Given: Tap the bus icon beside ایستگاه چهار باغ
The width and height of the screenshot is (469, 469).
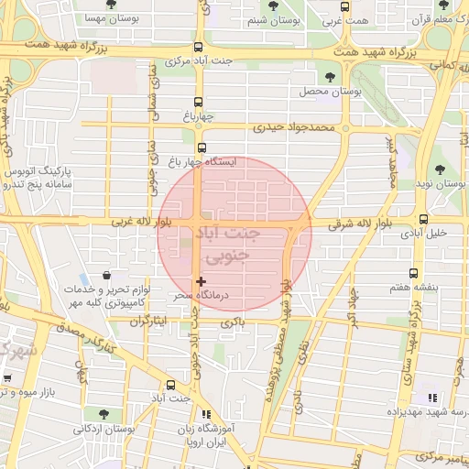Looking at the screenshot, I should (202, 147).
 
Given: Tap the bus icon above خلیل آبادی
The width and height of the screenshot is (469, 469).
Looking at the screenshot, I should (423, 219).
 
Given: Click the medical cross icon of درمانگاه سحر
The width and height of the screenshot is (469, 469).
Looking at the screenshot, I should (202, 280).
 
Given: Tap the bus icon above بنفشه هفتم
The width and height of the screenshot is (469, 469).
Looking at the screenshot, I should (414, 273).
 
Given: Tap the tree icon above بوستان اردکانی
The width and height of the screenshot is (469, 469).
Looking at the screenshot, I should (103, 411).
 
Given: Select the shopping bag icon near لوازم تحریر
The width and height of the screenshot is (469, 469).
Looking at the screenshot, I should (108, 275).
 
